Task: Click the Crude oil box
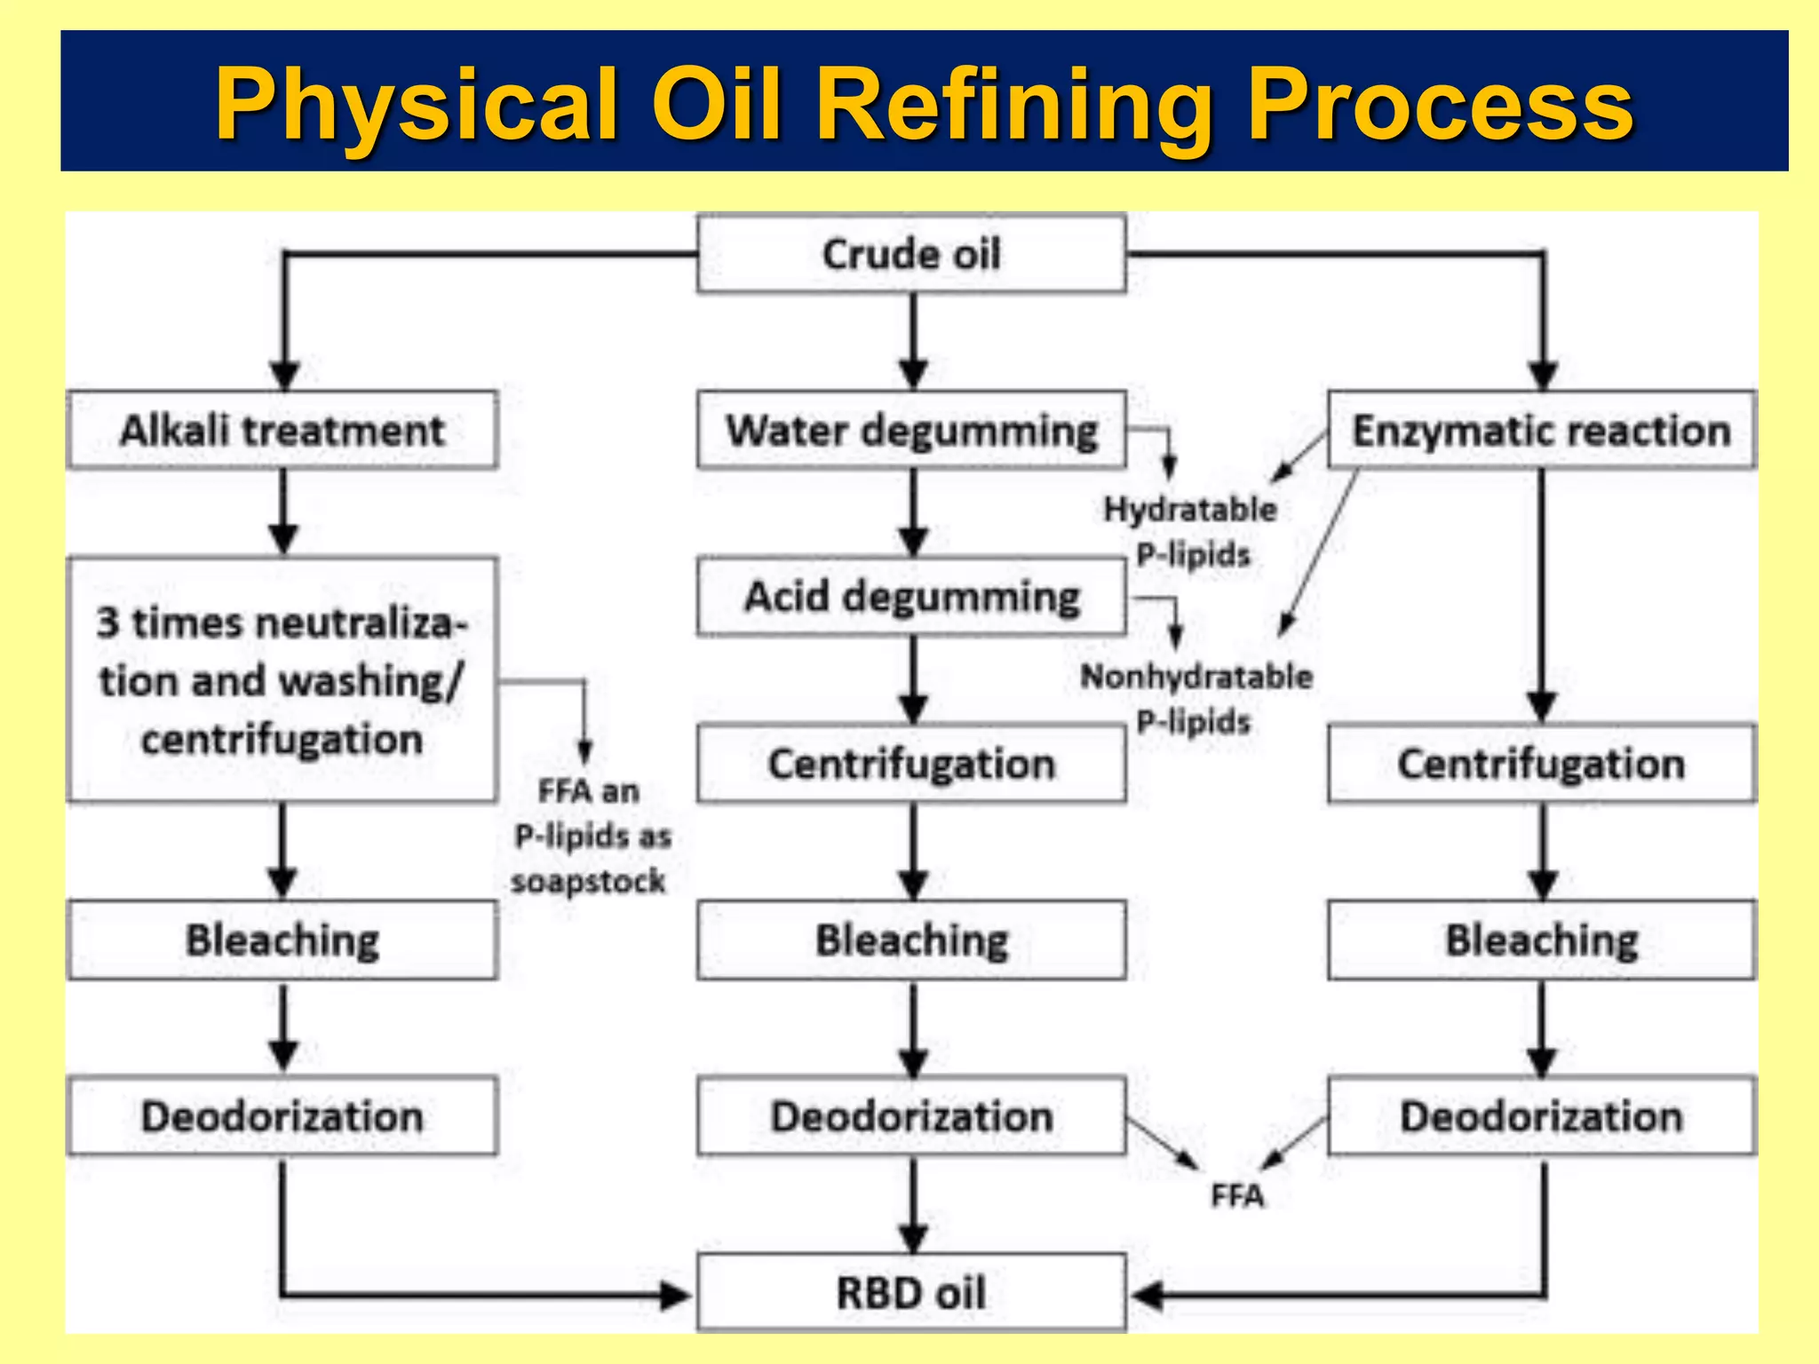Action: (911, 254)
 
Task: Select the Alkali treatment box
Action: (282, 431)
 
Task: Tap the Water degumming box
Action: (911, 431)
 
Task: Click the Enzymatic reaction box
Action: (1541, 431)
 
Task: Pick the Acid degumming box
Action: (911, 597)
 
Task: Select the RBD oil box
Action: (911, 1293)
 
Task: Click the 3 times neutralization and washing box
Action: (282, 680)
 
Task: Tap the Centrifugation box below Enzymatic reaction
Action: (1541, 764)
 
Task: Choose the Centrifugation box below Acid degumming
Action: (911, 764)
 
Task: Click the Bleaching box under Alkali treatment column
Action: (282, 940)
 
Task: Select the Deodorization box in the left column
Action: (282, 1116)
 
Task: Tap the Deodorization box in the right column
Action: (1541, 1116)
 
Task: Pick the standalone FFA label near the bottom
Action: (1237, 1196)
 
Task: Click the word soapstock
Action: (588, 882)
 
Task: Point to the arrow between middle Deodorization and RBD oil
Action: (913, 1204)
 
